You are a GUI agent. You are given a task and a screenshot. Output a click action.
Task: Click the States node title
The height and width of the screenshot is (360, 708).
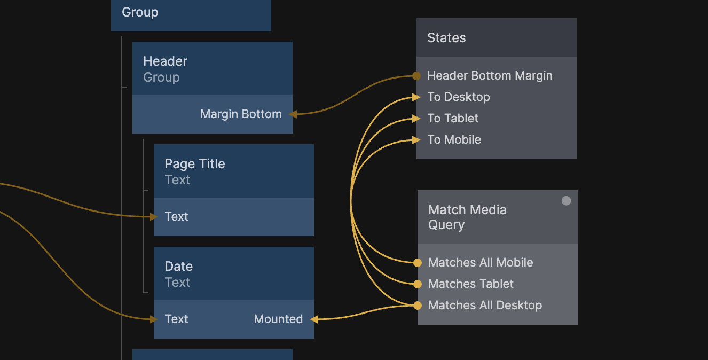pyautogui.click(x=446, y=38)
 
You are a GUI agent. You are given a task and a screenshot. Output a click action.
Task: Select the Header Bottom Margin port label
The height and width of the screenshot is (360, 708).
pyautogui.click(x=490, y=76)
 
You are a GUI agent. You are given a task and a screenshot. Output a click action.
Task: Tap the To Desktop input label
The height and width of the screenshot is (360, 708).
pyautogui.click(x=458, y=97)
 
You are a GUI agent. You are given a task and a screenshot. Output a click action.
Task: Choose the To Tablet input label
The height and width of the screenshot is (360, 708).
pyautogui.click(x=453, y=119)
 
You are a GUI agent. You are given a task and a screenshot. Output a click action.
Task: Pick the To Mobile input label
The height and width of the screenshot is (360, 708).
pyautogui.click(x=454, y=140)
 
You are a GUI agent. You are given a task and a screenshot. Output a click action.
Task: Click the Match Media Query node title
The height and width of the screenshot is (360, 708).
pyautogui.click(x=467, y=217)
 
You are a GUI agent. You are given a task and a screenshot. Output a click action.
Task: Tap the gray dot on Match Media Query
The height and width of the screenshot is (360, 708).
pyautogui.click(x=567, y=201)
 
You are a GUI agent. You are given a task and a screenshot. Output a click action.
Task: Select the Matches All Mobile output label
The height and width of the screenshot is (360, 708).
pyautogui.click(x=481, y=263)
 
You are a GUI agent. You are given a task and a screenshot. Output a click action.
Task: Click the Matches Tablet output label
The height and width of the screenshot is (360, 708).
pyautogui.click(x=471, y=284)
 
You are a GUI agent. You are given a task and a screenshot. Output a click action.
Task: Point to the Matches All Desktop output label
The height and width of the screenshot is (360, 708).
pyautogui.click(x=485, y=306)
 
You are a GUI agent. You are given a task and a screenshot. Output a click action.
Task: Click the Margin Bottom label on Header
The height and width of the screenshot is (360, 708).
pyautogui.click(x=241, y=114)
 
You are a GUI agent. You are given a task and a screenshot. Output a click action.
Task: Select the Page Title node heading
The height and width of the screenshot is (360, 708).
pyautogui.click(x=194, y=164)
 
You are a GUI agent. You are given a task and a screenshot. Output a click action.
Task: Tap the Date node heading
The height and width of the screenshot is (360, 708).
pyautogui.click(x=178, y=267)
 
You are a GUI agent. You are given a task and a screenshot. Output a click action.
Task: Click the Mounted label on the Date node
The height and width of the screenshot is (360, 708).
pyautogui.click(x=278, y=319)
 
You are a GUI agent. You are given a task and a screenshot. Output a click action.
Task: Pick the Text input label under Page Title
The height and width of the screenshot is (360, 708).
pyautogui.click(x=176, y=217)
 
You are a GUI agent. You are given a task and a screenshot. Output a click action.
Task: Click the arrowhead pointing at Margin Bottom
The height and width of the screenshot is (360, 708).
pyautogui.click(x=293, y=114)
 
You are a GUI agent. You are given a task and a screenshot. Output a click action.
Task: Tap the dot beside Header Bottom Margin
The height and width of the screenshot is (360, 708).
pyautogui.click(x=416, y=76)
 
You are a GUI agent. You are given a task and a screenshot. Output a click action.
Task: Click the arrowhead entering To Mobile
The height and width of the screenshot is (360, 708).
pyautogui.click(x=416, y=140)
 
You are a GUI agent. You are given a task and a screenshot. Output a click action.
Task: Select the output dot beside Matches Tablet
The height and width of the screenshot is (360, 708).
pyautogui.click(x=418, y=284)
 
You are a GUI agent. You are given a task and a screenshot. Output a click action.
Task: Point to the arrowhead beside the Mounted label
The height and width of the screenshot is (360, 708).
pyautogui.click(x=314, y=319)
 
